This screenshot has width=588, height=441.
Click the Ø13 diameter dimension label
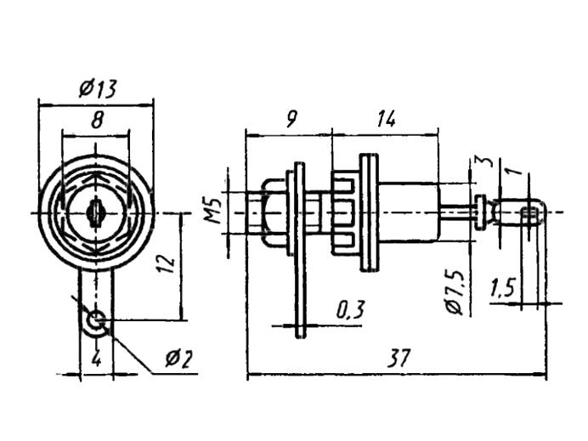point(98,89)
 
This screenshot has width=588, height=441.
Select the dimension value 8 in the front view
point(97,121)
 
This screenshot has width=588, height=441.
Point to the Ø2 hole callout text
point(179,359)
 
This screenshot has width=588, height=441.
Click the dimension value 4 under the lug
point(96,360)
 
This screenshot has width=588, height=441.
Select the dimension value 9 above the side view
point(291,119)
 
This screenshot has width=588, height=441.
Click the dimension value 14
point(386,119)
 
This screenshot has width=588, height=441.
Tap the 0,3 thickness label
point(350,310)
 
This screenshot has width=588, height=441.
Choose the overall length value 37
point(399,359)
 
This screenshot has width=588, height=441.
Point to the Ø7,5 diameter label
point(455,291)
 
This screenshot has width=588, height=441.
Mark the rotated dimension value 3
point(486,161)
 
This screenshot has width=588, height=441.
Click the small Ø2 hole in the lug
point(96,321)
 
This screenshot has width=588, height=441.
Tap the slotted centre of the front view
point(95,213)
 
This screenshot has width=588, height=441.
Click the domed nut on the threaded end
point(274,212)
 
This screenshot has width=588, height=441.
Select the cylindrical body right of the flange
point(408,212)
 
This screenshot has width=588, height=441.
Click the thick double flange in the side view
point(370,212)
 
